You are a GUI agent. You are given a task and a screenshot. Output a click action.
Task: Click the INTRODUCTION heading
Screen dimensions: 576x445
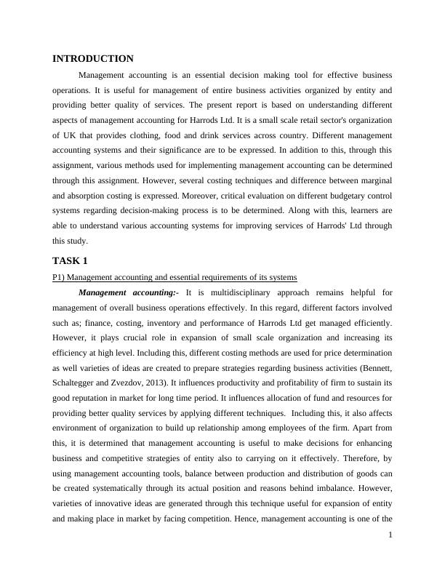93,59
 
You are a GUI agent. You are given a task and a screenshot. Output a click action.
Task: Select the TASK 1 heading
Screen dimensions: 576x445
71,260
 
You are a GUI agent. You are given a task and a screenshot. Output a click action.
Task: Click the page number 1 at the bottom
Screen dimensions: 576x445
390,556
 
